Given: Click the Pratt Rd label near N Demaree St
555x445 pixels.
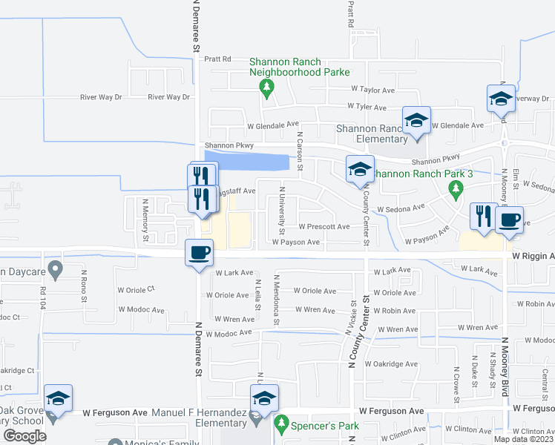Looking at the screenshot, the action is [218, 59].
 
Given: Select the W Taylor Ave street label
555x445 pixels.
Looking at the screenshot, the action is [373, 90].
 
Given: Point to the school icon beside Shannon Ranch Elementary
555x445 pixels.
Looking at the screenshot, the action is [416, 121].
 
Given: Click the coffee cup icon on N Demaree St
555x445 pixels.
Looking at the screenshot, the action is [198, 252].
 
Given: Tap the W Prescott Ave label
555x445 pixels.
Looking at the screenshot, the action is [324, 226].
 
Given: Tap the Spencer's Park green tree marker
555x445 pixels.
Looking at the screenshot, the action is [280, 424].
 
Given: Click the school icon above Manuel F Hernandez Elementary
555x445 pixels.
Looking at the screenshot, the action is [263, 398].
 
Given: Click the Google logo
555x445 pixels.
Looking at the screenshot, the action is [25, 436].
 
